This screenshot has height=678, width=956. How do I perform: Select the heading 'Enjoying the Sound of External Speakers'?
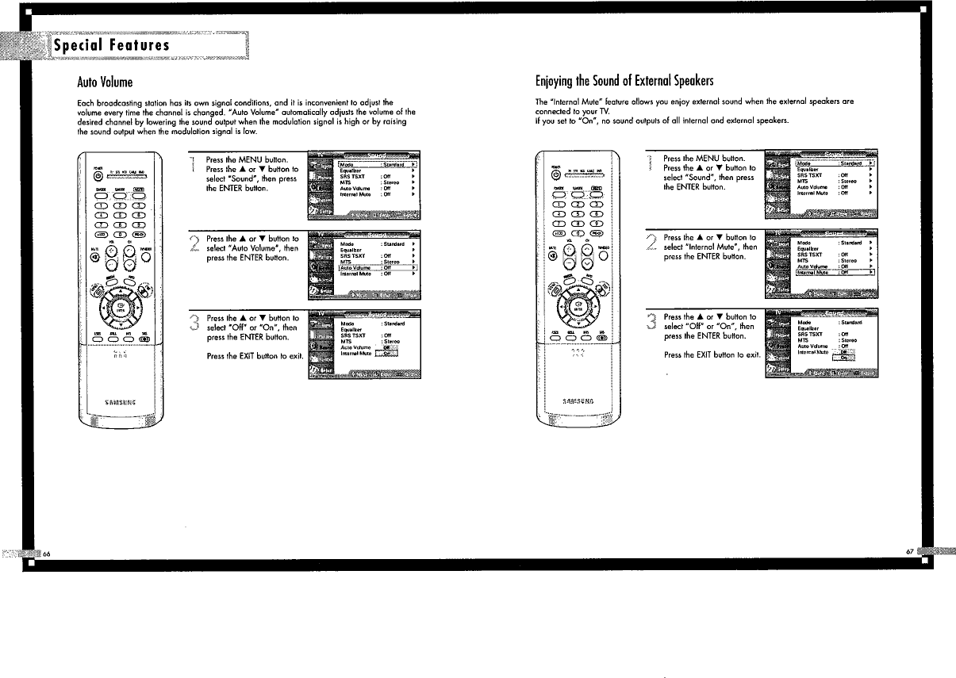click(624, 82)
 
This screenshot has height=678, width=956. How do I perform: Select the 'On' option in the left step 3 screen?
click(388, 354)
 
